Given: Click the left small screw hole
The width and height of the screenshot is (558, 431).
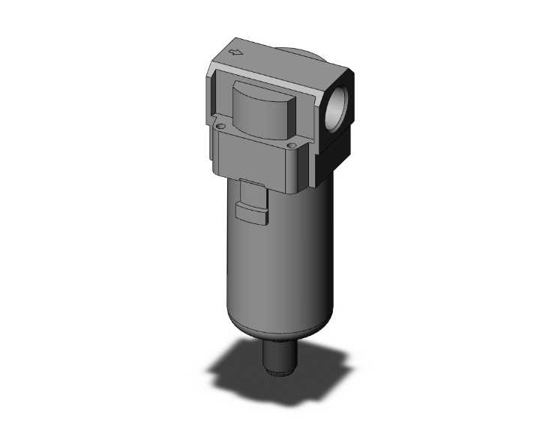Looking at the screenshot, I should coord(220,127).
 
